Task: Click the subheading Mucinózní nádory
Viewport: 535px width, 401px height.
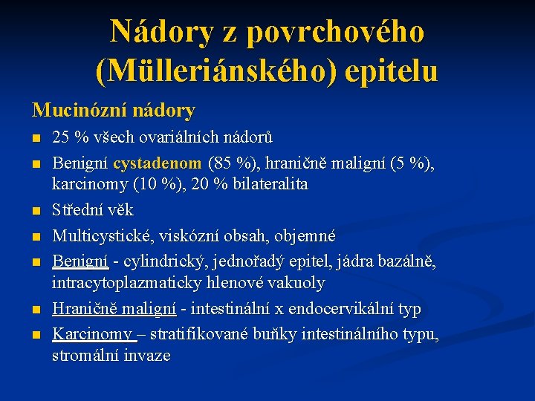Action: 113,111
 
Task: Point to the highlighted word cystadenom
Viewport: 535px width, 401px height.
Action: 158,162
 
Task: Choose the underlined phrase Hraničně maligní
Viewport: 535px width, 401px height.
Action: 114,309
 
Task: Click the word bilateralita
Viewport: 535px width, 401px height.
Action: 271,183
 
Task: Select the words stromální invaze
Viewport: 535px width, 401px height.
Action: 111,356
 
